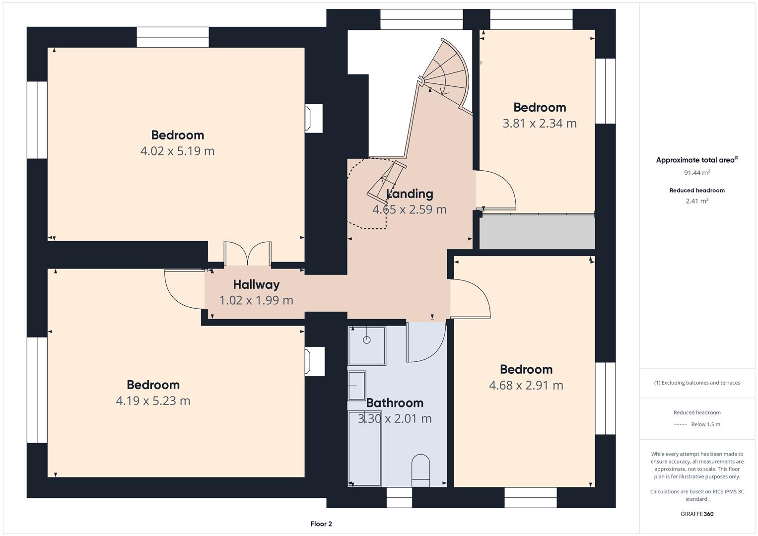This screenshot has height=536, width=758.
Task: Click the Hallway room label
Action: point(256,284)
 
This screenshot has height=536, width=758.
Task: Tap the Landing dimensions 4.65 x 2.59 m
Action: point(410,209)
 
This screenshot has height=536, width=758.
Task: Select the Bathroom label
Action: point(395,402)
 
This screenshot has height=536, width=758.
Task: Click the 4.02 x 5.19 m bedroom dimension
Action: point(177,151)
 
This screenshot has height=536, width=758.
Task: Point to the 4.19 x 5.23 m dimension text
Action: point(153,401)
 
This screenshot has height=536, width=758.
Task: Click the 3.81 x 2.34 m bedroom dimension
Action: point(540,124)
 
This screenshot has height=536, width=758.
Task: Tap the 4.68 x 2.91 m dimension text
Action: point(526,386)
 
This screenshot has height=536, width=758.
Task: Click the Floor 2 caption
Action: point(321,524)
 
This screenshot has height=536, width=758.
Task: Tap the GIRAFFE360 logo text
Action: point(697,514)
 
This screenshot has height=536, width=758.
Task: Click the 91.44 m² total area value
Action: point(697,173)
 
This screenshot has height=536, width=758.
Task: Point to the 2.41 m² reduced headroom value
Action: point(697,201)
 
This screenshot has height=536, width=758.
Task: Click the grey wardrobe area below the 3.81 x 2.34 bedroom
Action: point(537,232)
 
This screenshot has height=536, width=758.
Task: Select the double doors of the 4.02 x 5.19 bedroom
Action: point(247,253)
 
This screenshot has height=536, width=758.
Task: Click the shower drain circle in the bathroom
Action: point(366,340)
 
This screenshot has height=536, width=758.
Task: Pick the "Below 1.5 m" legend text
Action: point(705,424)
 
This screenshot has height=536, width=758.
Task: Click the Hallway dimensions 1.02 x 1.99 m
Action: point(256,300)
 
